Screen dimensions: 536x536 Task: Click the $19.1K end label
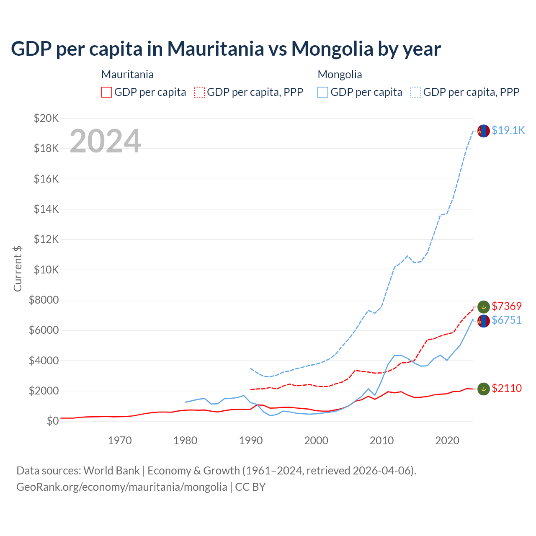pyautogui.click(x=508, y=130)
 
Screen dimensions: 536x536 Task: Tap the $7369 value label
pyautogui.click(x=507, y=306)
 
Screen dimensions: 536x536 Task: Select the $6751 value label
pyautogui.click(x=507, y=320)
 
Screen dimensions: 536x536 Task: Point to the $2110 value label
pyautogui.click(x=507, y=388)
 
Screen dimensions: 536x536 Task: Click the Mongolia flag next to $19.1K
pyautogui.click(x=484, y=131)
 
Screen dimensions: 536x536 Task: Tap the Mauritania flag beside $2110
pyautogui.click(x=484, y=389)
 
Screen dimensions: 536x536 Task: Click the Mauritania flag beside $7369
pyautogui.click(x=484, y=307)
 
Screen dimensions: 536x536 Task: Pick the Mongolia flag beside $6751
pyautogui.click(x=484, y=321)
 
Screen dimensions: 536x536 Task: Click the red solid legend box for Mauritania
pyautogui.click(x=107, y=92)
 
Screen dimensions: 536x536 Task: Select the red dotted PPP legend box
pyautogui.click(x=200, y=92)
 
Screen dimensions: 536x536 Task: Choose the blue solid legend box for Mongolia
pyautogui.click(x=323, y=92)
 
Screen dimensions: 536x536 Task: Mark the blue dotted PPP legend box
pyautogui.click(x=416, y=92)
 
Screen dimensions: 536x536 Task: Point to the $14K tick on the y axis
pyautogui.click(x=46, y=209)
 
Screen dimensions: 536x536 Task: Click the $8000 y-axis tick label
pyautogui.click(x=44, y=300)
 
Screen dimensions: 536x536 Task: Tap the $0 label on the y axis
pyautogui.click(x=53, y=421)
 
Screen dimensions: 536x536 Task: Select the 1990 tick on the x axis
pyautogui.click(x=250, y=441)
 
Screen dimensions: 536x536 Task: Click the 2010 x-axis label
pyautogui.click(x=381, y=441)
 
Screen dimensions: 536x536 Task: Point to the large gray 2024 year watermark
pyautogui.click(x=105, y=141)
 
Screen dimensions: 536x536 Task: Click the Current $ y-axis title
pyautogui.click(x=18, y=269)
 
